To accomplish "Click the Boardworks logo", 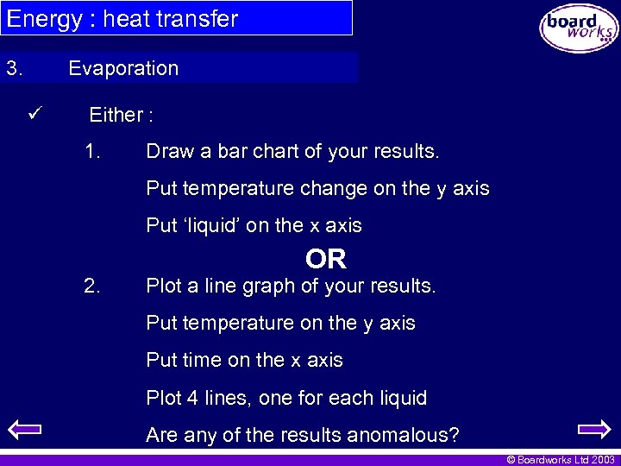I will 579,29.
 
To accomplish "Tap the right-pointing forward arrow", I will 593,428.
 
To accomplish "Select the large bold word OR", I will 325,259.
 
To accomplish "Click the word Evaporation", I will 123,68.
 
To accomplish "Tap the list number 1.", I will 93,152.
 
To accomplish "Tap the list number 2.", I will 93,286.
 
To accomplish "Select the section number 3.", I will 14,68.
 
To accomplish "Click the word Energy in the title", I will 43,18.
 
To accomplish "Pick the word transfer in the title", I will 200,18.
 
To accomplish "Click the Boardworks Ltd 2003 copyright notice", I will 561,460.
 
